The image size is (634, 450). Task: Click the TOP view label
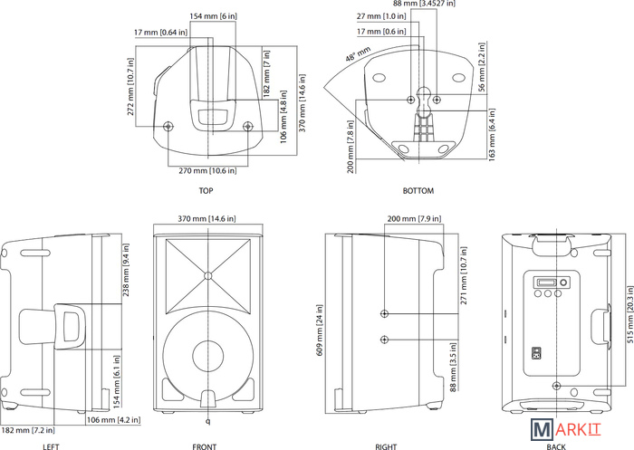coord(206,190)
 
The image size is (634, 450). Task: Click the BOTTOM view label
coord(418,190)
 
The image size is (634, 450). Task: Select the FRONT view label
coord(205,446)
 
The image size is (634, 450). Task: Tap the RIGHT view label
coord(386,446)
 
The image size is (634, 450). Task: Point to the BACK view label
coord(556,446)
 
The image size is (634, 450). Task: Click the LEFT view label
coord(51,446)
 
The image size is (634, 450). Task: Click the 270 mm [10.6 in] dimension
coord(207,170)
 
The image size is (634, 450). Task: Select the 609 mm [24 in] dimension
coord(320,330)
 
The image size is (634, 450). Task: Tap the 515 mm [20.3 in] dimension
coord(629,315)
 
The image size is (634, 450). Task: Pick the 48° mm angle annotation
coord(358,54)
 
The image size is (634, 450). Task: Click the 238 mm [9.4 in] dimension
coord(126,270)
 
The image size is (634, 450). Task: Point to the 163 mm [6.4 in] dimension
coord(492,135)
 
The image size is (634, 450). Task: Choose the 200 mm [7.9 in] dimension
coord(415,219)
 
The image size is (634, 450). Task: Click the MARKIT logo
coord(566,429)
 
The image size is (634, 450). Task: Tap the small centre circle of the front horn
coord(207,276)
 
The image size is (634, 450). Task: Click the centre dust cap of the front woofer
coord(207,356)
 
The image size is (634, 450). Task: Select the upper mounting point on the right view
coord(385,313)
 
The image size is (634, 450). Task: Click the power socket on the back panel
coord(537,353)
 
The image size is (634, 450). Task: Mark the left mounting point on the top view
coord(168,127)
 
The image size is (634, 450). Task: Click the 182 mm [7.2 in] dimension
coord(28,430)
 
